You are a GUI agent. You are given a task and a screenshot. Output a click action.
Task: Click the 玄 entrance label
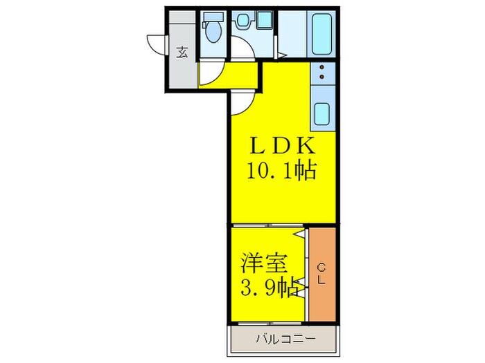(x=182, y=52)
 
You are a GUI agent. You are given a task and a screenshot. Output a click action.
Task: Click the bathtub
(x=323, y=32)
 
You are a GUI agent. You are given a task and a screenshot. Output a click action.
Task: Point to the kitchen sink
(x=323, y=112)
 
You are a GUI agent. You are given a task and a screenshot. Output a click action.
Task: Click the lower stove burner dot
(x=323, y=77)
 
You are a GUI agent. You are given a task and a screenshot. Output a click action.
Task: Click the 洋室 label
(x=261, y=263)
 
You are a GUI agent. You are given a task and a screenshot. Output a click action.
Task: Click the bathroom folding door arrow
(x=282, y=54)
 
